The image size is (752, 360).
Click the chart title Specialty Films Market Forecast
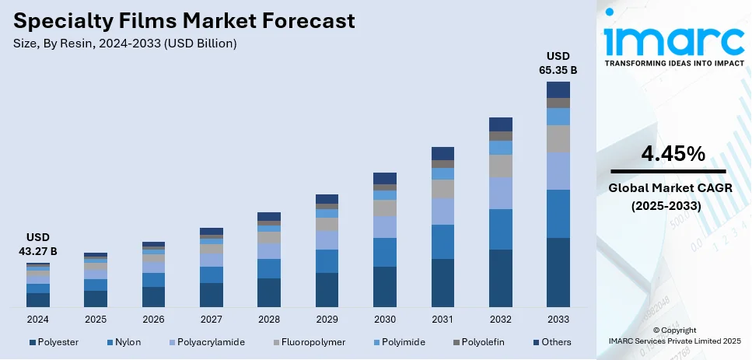point(184,20)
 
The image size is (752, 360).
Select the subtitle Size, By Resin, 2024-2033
point(125,44)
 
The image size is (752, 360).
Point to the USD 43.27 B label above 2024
point(38,244)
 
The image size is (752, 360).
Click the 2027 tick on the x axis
point(212,320)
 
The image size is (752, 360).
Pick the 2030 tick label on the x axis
point(385,320)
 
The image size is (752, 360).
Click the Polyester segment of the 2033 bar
point(558,272)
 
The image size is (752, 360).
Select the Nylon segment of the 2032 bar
point(500,229)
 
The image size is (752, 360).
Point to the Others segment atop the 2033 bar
point(558,89)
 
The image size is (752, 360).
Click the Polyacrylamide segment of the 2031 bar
point(442,211)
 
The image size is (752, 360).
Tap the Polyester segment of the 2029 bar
point(327,290)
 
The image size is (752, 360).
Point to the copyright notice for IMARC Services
point(673,336)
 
